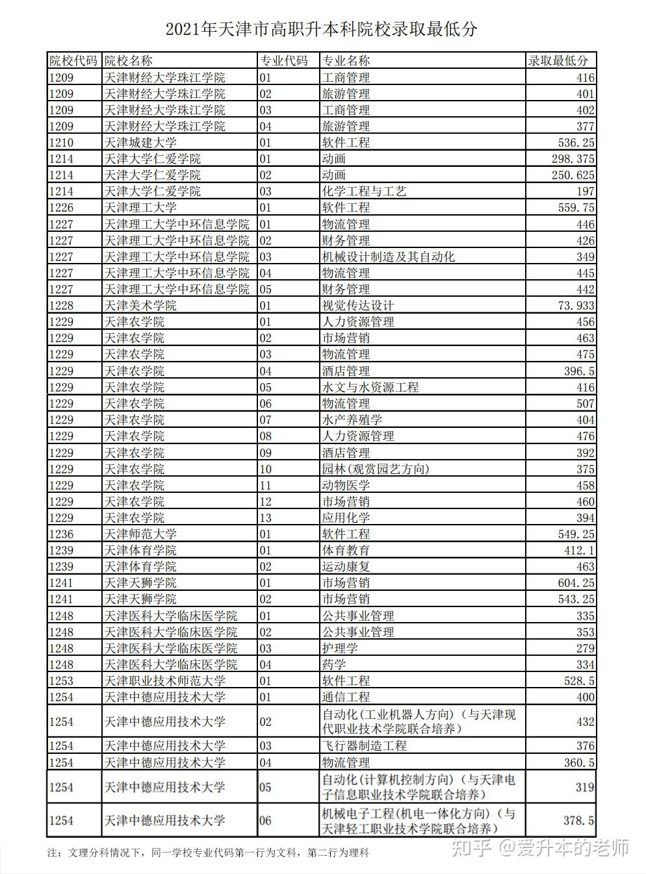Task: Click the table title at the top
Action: pyautogui.click(x=322, y=29)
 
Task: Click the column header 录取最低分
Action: pyautogui.click(x=558, y=61)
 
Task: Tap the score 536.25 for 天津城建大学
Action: pyautogui.click(x=572, y=143)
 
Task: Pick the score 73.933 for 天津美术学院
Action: pyautogui.click(x=572, y=306)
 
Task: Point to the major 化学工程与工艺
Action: pyautogui.click(x=364, y=192)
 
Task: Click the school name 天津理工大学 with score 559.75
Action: pyautogui.click(x=140, y=208)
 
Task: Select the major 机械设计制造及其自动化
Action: pyautogui.click(x=388, y=257)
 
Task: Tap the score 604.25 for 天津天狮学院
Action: pyautogui.click(x=572, y=583)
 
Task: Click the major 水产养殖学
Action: pyautogui.click(x=352, y=420)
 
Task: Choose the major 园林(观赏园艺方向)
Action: pyautogui.click(x=376, y=469)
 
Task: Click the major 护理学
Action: pyautogui.click(x=340, y=648)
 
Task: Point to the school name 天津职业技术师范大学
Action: pyautogui.click(x=165, y=680)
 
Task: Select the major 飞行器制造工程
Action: pyautogui.click(x=364, y=746)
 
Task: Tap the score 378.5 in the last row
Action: pyautogui.click(x=578, y=821)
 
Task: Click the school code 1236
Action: pyautogui.click(x=62, y=534)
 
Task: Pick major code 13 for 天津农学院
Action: pyautogui.click(x=265, y=518)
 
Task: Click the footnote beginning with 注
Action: pyautogui.click(x=208, y=853)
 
